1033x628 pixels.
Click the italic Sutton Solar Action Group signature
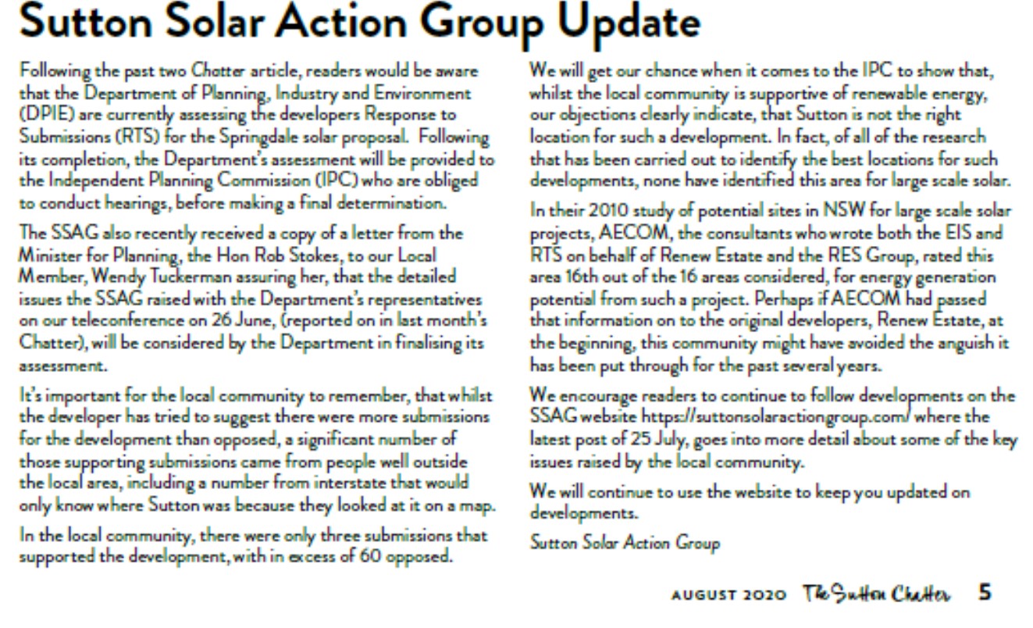click(x=625, y=541)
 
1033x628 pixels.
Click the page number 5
click(x=985, y=593)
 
